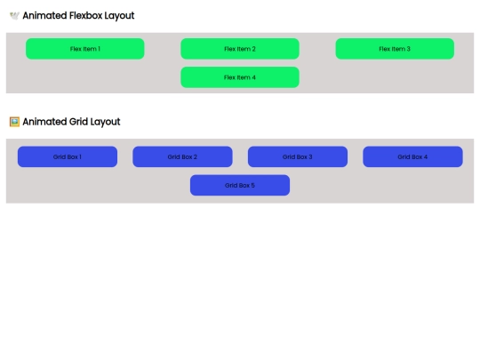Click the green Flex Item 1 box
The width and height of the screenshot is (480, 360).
coord(85,49)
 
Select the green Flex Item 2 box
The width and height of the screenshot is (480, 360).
coord(240,49)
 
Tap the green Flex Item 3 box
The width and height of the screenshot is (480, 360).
coord(395,49)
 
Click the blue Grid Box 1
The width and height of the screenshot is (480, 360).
coord(68,156)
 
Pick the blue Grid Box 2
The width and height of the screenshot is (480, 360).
coord(182,156)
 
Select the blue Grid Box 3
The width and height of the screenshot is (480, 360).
coord(298,156)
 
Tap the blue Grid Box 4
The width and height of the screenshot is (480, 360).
coord(412,156)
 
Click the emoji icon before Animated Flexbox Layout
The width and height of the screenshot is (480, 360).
coord(14,16)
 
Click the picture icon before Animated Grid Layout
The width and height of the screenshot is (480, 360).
coord(14,122)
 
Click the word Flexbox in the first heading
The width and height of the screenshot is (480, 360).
coord(85,16)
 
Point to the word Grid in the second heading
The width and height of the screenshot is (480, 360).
coord(78,122)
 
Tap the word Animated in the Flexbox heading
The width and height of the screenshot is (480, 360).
coord(44,16)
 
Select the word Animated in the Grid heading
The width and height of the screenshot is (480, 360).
coord(44,122)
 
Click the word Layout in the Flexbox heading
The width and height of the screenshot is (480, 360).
coord(120,16)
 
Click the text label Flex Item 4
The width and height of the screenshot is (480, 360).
coord(240,77)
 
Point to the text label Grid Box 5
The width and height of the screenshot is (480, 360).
coord(240,185)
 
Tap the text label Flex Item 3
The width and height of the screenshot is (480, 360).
coord(395,49)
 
